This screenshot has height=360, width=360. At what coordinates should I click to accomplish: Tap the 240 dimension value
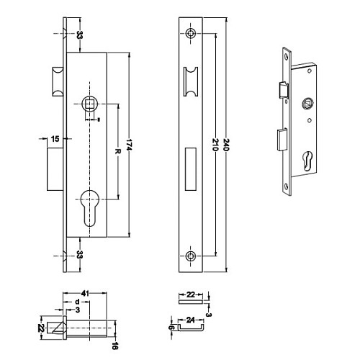coord(228,144)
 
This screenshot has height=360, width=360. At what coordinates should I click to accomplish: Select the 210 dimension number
coord(215,144)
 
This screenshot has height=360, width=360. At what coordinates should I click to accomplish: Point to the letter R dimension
coord(116,152)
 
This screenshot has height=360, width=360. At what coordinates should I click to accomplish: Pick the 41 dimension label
coord(84,294)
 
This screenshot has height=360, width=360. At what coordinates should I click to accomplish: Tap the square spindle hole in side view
coord(91,104)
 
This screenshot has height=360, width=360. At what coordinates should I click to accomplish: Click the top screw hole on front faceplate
coord(190,34)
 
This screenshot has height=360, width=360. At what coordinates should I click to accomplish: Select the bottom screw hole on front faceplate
coord(190,256)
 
